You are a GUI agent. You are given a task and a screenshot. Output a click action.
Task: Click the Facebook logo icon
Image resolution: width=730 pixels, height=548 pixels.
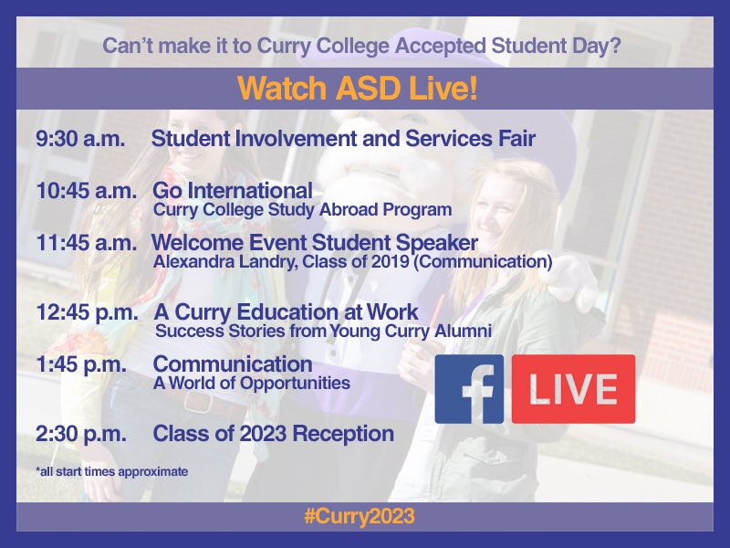[469, 389]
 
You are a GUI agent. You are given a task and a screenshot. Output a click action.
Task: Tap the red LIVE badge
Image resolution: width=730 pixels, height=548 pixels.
[573, 389]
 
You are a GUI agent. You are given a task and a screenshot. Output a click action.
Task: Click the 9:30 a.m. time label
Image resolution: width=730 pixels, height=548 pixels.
[80, 140]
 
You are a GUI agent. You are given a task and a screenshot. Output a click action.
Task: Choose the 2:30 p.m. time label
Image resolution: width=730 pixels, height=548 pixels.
[81, 433]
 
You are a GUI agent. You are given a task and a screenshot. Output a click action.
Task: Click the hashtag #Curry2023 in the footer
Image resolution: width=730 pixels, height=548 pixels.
[360, 517]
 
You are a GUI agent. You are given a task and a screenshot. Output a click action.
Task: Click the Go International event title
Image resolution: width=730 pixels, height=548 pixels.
[232, 192]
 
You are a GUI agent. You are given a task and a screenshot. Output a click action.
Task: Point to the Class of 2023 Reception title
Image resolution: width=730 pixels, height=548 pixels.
[274, 433]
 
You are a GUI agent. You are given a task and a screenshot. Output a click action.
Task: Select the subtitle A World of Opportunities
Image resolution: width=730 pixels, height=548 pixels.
[252, 383]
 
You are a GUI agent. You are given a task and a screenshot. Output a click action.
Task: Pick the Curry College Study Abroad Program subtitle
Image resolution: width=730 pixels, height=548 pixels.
[302, 210]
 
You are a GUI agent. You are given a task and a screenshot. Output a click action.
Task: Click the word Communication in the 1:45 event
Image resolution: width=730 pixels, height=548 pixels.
[233, 364]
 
